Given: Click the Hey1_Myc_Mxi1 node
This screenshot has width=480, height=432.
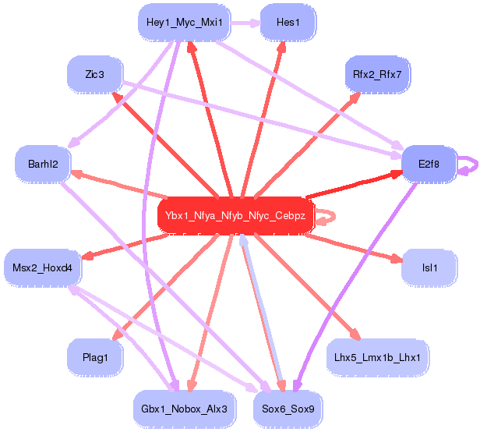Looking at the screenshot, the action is pos(184,23).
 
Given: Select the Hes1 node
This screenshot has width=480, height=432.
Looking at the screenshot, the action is pos(288,23).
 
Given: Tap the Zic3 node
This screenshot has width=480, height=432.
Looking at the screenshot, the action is pos(95,75).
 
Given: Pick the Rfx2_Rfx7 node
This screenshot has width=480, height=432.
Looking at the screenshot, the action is pos(377,75).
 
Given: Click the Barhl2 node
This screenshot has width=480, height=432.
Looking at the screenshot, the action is pos(43,164).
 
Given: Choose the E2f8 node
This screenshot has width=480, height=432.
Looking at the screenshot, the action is pos(429,164).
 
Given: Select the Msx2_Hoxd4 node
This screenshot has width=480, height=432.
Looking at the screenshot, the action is pos(43,268).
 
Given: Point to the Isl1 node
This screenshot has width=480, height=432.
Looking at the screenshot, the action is pos(429,268).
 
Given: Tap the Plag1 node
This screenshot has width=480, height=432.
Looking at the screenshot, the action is pos(95,357).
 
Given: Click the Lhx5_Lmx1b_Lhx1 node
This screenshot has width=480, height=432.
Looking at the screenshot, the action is pos(377,357).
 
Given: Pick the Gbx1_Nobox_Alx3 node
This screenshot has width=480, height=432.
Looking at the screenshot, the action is pos(184,409).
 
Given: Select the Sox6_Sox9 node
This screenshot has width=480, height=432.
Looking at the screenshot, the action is pos(288,409).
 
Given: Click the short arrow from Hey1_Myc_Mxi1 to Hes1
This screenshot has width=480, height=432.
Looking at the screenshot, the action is pos(245,23).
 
